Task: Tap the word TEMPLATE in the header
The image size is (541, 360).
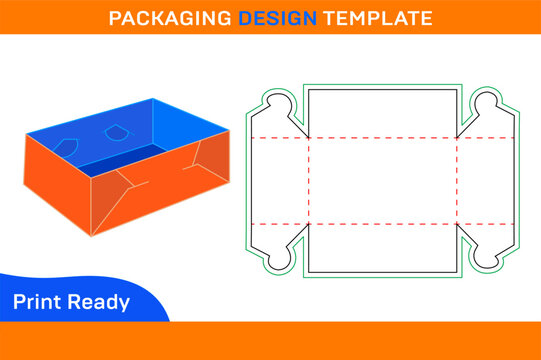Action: coord(359,18)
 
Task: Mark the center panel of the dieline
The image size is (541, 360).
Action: coord(380,180)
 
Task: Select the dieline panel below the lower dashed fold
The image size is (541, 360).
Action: coord(380,247)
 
